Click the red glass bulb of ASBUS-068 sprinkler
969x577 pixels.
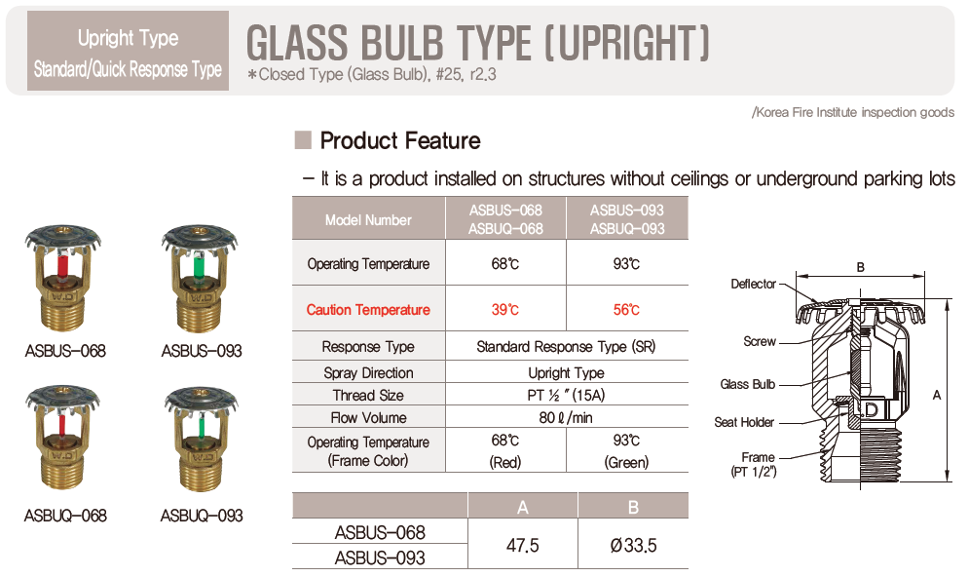pos(62,267)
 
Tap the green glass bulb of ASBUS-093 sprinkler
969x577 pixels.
pos(199,268)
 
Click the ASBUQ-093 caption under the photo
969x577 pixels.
pos(202,516)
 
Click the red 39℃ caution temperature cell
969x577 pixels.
pos(504,309)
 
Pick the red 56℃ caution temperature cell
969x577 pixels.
pos(626,309)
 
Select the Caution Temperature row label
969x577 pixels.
pos(368,309)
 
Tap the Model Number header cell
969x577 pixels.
pos(368,219)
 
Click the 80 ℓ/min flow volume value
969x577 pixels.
pos(566,417)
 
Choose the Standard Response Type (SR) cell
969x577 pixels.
pos(566,346)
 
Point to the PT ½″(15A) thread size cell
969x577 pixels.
pos(566,395)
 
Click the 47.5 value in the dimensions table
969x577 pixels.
pos(522,545)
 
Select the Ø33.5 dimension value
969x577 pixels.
pos(633,545)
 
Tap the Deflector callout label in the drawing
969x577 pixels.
pos(753,284)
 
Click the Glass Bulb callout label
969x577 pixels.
pos(747,384)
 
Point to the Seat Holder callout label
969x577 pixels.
pos(744,422)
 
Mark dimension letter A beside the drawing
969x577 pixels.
pos(937,395)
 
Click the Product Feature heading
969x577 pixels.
pos(400,140)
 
